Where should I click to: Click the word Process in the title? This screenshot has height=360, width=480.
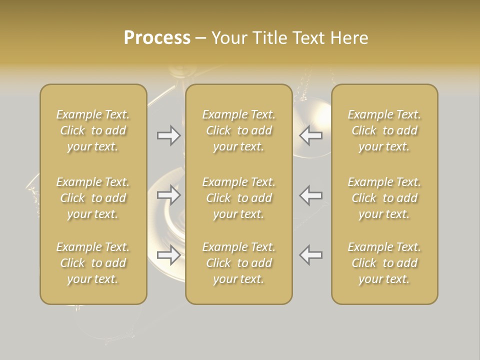click(x=157, y=38)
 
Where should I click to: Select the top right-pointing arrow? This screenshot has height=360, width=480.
click(x=169, y=135)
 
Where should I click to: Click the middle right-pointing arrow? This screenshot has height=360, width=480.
click(x=169, y=195)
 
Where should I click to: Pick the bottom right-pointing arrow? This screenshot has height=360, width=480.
click(x=169, y=255)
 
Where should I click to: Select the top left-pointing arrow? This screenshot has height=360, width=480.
click(x=310, y=135)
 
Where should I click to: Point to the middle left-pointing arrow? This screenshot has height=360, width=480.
click(x=310, y=195)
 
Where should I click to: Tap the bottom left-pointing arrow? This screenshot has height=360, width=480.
click(x=310, y=255)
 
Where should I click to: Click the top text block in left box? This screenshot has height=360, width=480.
click(x=93, y=130)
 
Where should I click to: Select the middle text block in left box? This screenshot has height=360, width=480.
click(x=93, y=198)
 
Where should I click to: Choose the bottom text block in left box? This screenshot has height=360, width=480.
click(x=93, y=263)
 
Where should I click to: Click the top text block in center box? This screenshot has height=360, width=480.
click(x=238, y=130)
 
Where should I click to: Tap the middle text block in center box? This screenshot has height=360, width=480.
click(x=238, y=198)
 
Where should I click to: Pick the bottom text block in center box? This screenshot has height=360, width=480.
click(x=238, y=263)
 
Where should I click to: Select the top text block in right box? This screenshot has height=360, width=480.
click(x=384, y=130)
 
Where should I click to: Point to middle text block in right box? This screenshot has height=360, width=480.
click(x=384, y=198)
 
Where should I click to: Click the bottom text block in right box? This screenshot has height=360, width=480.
click(x=384, y=263)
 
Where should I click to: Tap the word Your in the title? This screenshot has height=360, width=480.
click(x=228, y=38)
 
